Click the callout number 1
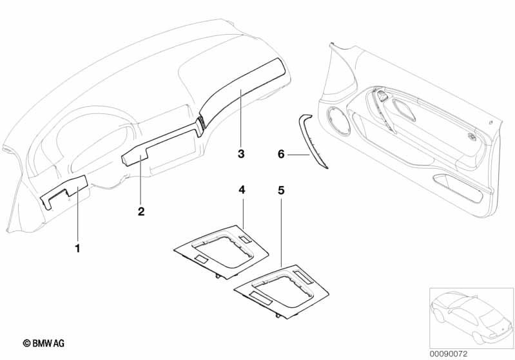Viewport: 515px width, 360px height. click(77, 247)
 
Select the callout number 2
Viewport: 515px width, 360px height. click(141, 211)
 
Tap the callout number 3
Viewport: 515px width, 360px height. click(240, 154)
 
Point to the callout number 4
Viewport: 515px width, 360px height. click(242, 190)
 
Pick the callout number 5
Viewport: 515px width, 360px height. click(281, 191)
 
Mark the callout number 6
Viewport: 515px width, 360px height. click(280, 154)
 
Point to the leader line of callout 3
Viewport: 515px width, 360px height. click(240, 119)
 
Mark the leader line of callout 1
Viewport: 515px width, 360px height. click(77, 213)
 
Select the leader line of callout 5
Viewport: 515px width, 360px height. click(281, 232)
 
